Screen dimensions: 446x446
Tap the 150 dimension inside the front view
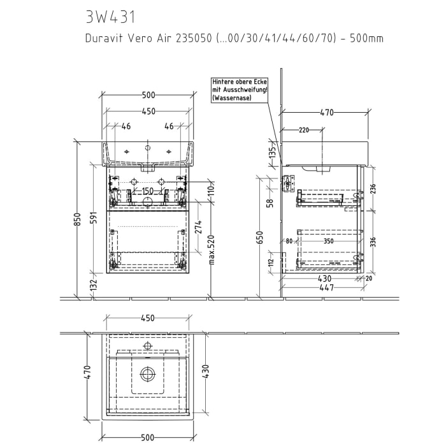tap(147, 192)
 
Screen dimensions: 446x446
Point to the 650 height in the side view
tap(259, 237)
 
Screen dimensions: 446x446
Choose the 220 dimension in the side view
tap(303, 131)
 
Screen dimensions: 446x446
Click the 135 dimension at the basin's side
tap(271, 153)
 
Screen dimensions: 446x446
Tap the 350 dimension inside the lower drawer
tap(328, 242)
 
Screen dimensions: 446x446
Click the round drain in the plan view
tap(148, 374)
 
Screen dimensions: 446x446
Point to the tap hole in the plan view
tap(148, 345)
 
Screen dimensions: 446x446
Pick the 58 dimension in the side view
tap(270, 203)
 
